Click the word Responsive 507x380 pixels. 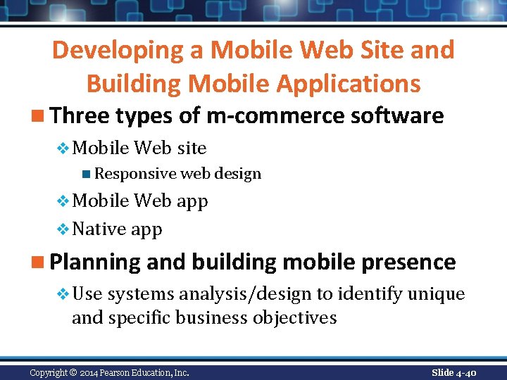(135, 173)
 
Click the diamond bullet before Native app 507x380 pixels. (62, 229)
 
